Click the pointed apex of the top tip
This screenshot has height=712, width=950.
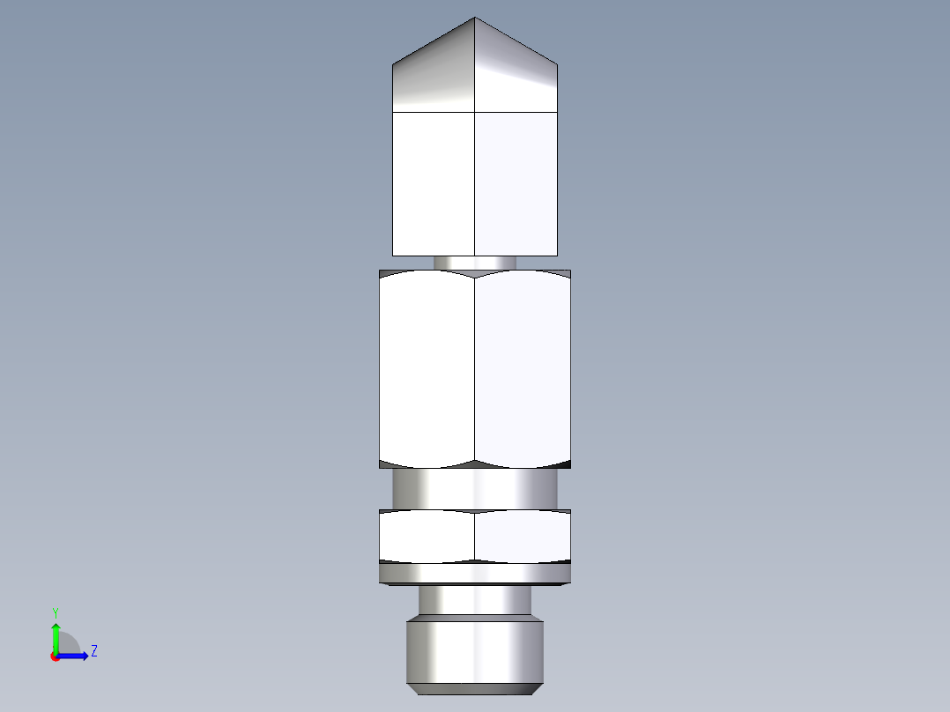pos(475,19)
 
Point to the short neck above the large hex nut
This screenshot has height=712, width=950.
pos(475,263)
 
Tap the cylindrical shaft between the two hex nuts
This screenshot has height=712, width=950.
pos(475,488)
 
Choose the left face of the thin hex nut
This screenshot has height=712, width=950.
pos(427,536)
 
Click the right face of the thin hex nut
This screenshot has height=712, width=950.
pos(523,536)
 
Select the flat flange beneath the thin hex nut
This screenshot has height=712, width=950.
pos(475,575)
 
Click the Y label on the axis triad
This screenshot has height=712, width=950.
pos(55,612)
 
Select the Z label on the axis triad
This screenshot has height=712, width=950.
pos(93,651)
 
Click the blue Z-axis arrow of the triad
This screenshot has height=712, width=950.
pos(74,656)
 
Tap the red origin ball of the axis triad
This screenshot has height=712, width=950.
pos(55,656)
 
